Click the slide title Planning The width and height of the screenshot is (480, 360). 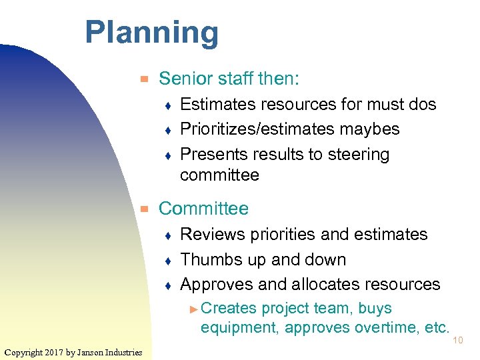(151, 33)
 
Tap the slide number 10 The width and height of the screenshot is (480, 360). (458, 341)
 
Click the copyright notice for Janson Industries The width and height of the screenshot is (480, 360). (73, 352)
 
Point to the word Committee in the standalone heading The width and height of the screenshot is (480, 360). (203, 209)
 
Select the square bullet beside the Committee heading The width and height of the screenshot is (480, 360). (142, 209)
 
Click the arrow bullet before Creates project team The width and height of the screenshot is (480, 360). (193, 309)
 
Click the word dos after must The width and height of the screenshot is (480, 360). (421, 105)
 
